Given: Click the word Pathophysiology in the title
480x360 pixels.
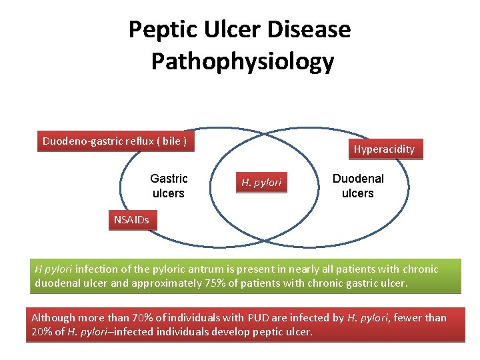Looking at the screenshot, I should pos(242,61).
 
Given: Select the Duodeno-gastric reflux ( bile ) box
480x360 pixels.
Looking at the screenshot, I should pos(115,141).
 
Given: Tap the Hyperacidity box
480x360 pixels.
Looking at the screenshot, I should pos(384,149).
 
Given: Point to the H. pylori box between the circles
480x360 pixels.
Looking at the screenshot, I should pos(261,182).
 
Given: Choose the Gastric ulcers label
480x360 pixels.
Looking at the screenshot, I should pos(169,186).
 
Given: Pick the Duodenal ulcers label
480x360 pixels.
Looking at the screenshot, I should pos(358,186).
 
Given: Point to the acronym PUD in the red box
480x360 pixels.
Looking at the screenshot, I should pos(275,318).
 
